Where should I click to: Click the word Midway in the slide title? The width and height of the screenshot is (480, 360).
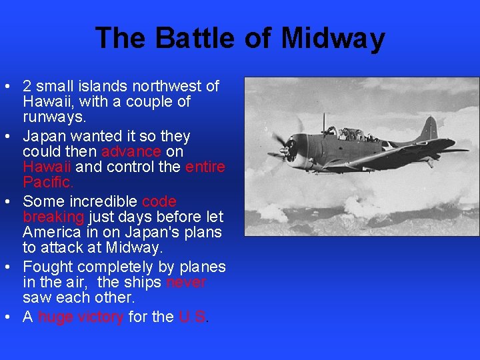click(333, 38)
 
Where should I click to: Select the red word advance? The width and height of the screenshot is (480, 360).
click(131, 151)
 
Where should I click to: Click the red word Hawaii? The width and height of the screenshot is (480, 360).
click(47, 167)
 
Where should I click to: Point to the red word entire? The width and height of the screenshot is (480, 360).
click(205, 167)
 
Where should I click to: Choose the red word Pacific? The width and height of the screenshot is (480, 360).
click(48, 183)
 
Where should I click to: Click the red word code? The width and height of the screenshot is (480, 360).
click(159, 201)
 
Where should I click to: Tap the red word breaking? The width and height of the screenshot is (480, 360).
click(53, 217)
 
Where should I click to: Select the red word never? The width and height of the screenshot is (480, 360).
click(186, 283)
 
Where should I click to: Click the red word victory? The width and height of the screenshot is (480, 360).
click(99, 317)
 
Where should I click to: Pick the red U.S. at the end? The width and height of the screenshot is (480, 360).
click(193, 317)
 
